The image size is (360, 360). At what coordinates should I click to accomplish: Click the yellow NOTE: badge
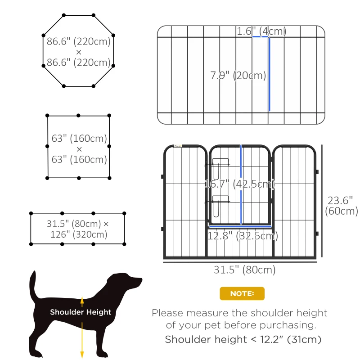(x=242, y=294)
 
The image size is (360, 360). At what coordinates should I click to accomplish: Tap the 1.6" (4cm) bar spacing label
(x=261, y=31)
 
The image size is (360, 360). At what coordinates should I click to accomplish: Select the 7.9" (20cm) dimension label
(x=238, y=75)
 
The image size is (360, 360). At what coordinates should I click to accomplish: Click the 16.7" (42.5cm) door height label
(x=240, y=184)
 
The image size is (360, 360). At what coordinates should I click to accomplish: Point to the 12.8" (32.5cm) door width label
(x=243, y=235)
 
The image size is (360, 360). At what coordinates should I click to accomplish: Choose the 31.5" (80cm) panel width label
(x=244, y=270)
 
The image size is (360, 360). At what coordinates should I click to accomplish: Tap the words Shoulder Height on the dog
(x=81, y=312)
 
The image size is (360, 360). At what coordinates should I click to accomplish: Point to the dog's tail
(x=33, y=288)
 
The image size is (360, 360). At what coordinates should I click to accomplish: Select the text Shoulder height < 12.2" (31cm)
(x=243, y=339)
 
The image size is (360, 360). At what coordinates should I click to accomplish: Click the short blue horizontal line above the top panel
(x=261, y=37)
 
